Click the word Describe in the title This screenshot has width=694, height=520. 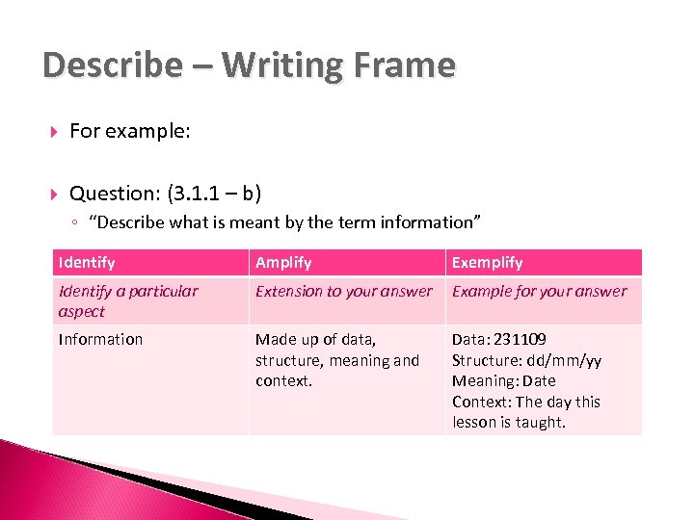110,65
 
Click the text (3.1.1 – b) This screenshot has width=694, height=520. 214,193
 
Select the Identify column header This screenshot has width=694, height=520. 87,262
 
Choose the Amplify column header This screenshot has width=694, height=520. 283,262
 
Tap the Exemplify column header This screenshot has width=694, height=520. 488,262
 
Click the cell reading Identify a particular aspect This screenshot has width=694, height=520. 128,300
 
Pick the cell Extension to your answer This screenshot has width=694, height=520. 344,291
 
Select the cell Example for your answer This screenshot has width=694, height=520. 539,291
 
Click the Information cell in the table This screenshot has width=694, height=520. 100,339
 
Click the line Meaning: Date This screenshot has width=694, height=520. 504,380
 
